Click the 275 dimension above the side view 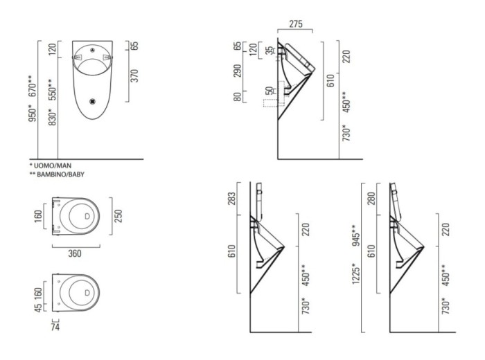[295, 24]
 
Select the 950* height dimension [33, 113]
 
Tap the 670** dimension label [33, 87]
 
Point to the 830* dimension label [53, 117]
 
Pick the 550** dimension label [53, 90]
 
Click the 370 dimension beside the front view [134, 76]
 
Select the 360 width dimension [75, 253]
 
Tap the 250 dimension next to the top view [118, 216]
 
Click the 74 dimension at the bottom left [55, 327]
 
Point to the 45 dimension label [37, 308]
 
